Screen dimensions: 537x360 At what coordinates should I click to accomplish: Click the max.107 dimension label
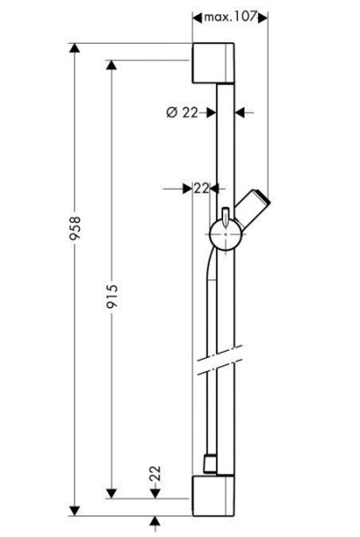tap(230, 17)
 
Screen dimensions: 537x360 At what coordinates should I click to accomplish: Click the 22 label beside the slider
tap(201, 188)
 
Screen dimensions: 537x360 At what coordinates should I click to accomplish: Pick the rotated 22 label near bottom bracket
tap(154, 473)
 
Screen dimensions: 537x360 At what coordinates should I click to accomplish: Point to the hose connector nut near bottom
tap(208, 465)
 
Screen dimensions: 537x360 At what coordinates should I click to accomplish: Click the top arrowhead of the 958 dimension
tap(76, 47)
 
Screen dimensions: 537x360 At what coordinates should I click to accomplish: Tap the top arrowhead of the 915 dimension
tap(111, 65)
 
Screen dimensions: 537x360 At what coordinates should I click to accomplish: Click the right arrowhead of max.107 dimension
tap(263, 17)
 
